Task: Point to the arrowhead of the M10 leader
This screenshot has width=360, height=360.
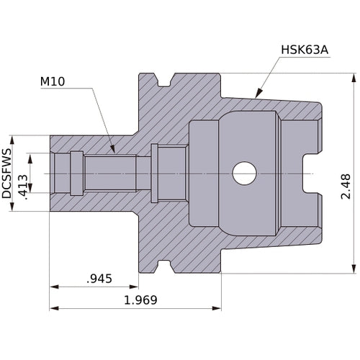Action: click(113, 150)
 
